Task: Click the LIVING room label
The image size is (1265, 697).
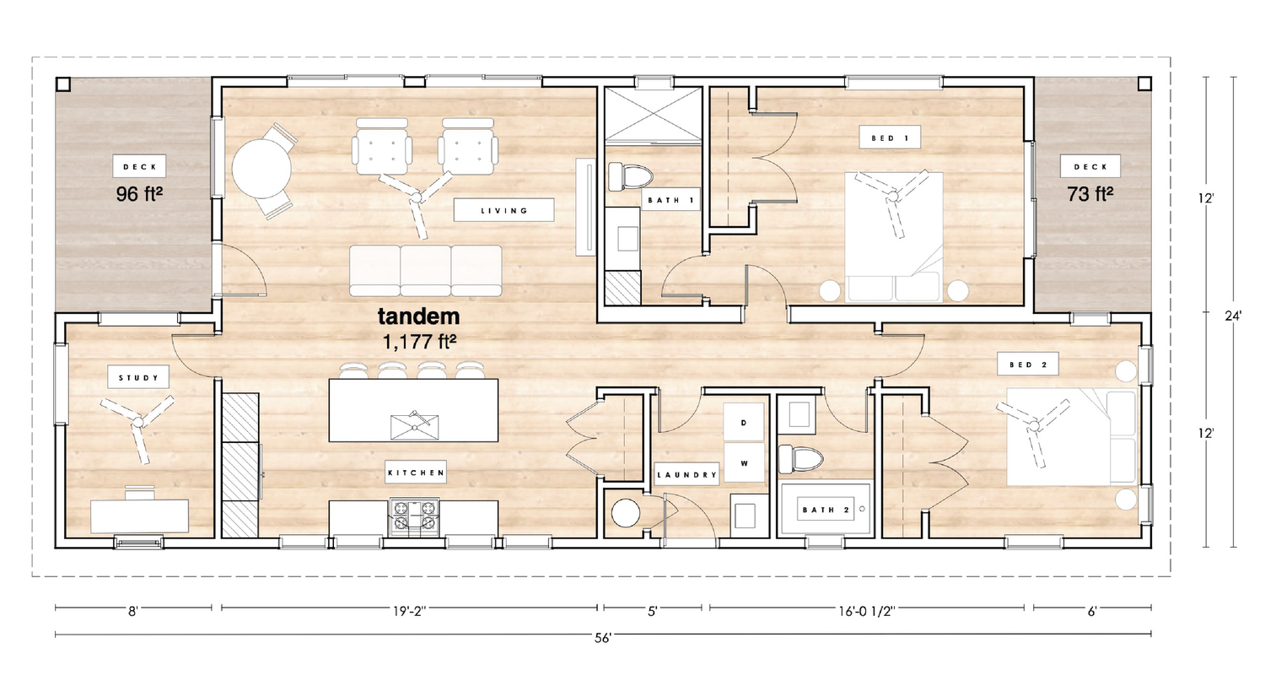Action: (503, 210)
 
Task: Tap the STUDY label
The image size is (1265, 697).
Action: (138, 378)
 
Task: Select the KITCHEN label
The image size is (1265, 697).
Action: (416, 473)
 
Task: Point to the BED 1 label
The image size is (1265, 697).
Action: (890, 138)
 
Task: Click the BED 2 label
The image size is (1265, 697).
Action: (1028, 365)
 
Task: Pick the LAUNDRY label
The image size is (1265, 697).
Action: (686, 475)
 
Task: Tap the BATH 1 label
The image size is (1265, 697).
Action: (670, 199)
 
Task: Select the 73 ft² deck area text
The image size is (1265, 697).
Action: (1090, 194)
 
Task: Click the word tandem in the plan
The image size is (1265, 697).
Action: (418, 316)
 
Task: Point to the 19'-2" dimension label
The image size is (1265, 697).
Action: (409, 612)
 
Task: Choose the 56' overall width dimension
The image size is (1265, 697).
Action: (603, 638)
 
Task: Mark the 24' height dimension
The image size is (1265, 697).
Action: (1233, 316)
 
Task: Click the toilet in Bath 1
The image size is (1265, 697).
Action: (629, 176)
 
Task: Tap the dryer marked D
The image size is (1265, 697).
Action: (744, 422)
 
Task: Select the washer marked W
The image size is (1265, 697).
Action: (744, 463)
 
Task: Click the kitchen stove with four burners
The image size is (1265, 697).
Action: (414, 517)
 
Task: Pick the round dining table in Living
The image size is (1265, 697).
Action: (262, 168)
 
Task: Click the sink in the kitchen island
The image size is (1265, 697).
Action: (415, 426)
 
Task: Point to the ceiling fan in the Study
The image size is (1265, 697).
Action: (137, 423)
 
